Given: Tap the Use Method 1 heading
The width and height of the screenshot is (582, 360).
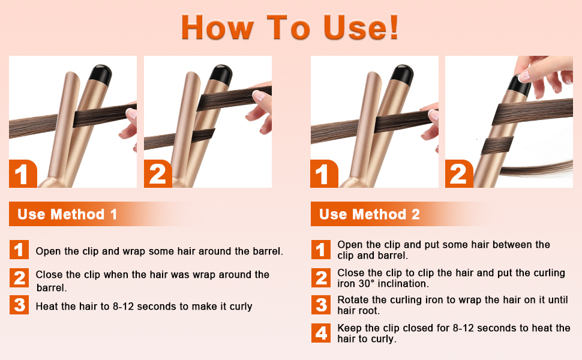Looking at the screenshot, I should click(x=67, y=214).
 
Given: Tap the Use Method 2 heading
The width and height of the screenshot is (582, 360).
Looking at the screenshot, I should click(x=369, y=214).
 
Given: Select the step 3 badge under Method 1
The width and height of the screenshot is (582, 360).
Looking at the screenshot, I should click(x=19, y=305).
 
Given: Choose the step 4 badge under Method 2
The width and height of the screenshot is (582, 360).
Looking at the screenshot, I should click(x=321, y=333).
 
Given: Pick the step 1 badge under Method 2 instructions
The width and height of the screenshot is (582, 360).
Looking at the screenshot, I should click(x=321, y=250).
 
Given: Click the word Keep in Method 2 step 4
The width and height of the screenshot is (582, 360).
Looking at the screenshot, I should click(x=349, y=328).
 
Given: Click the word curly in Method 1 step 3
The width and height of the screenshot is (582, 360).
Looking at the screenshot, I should click(x=239, y=307).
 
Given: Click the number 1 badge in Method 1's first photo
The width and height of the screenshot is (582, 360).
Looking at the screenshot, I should click(x=22, y=174).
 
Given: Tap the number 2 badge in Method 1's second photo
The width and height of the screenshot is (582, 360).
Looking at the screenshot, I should click(x=157, y=174).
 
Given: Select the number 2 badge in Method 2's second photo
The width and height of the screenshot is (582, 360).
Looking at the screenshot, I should click(x=458, y=174).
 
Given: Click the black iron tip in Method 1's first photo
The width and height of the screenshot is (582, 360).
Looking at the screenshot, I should click(x=100, y=74).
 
